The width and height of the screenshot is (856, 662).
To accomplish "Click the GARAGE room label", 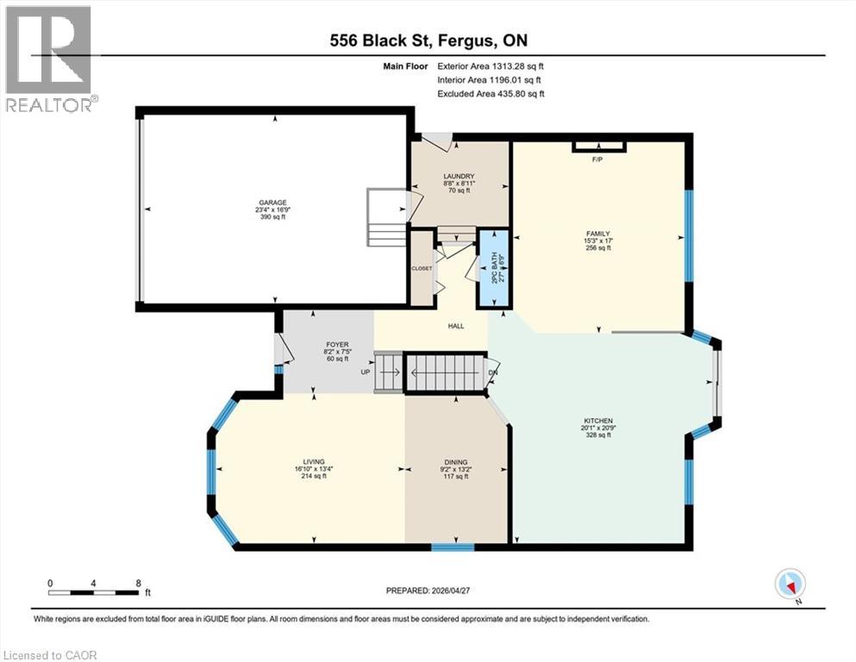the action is [272, 203].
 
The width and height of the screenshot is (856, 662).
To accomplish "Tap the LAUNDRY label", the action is [459, 177].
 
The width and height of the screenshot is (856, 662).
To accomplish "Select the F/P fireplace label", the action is [597, 160].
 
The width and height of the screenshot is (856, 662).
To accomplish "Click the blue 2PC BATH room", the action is [494, 269].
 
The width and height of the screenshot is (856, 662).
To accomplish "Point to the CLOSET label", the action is [422, 269].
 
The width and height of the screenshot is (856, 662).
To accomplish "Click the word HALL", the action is [456, 326].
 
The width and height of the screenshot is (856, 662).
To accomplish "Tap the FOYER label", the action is [337, 345].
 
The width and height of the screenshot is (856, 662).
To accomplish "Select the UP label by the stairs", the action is [366, 372].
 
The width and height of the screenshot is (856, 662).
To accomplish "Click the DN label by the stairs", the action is [493, 372].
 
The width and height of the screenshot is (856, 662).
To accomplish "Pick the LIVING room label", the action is [314, 462].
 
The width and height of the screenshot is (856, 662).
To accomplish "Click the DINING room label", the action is [455, 462].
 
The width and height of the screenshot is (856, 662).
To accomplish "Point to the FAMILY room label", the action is [597, 234].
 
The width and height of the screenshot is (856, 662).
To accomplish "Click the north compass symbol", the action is [790, 584].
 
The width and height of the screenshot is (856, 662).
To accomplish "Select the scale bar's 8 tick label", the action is [139, 583].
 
